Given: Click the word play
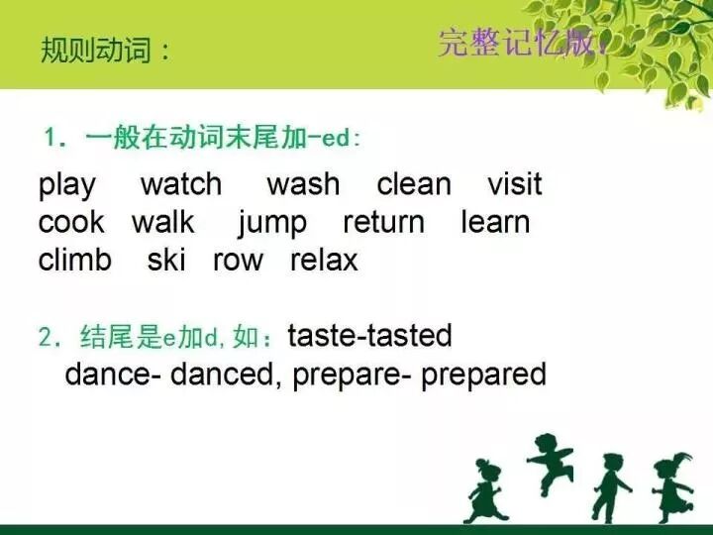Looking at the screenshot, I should [67, 185].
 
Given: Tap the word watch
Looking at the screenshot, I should [181, 184].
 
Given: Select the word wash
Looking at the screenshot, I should [303, 184].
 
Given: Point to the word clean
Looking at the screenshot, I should [414, 184].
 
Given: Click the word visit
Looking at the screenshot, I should [515, 184].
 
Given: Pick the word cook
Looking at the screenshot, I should [71, 222].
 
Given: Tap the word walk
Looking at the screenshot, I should [163, 222].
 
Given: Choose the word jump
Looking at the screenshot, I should [272, 224].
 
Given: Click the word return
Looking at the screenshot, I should [384, 222].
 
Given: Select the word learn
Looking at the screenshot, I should [496, 222].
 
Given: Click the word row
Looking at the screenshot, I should [239, 261].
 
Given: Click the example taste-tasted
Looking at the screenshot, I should [369, 336].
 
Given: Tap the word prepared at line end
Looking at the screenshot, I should [484, 375].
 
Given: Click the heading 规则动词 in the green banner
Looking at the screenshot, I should [105, 51].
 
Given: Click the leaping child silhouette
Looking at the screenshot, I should [552, 462].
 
